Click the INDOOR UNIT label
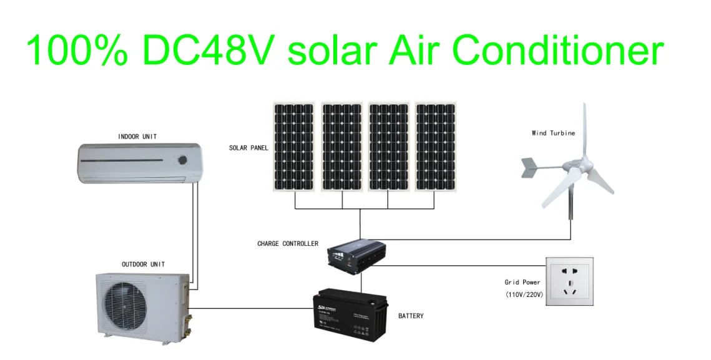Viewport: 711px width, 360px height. click(137, 137)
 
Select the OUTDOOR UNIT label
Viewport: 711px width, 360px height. click(143, 265)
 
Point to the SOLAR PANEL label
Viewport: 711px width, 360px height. click(248, 148)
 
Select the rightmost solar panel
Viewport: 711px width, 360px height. click(436, 147)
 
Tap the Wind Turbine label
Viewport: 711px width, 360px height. click(553, 133)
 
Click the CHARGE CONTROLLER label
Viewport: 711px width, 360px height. click(288, 244)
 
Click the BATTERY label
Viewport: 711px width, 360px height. click(411, 316)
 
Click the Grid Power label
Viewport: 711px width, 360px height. click(522, 283)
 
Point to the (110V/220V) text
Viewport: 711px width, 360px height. click(524, 294)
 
